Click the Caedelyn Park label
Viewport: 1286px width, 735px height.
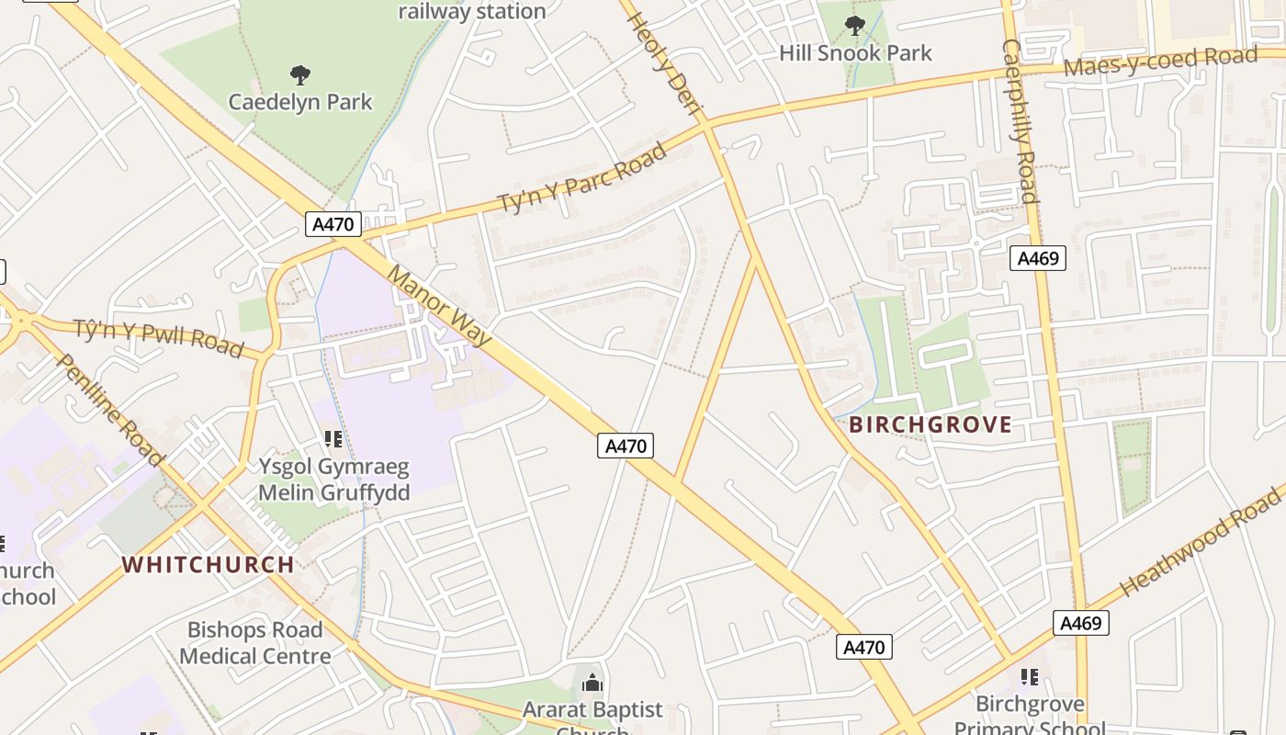coord(300,101)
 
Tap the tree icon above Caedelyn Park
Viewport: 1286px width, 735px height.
coord(299,74)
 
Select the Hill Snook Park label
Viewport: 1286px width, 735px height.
coord(855,53)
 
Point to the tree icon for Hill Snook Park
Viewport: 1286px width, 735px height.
coord(855,26)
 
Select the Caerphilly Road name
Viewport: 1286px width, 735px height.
coord(1020,120)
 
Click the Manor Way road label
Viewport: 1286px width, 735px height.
coord(439,306)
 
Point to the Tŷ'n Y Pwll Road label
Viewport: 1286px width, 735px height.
coord(158,338)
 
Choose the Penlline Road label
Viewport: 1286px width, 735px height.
coord(108,408)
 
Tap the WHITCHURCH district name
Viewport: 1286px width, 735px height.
coord(209,564)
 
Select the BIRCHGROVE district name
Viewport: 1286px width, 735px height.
coord(930,424)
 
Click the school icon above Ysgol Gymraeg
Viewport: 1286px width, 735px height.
coord(333,440)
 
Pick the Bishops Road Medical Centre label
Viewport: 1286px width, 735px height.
coord(254,643)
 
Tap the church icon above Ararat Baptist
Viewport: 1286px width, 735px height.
coord(592,683)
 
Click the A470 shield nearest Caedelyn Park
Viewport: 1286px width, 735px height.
coord(333,224)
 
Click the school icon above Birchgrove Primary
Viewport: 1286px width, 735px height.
coord(1030,677)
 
